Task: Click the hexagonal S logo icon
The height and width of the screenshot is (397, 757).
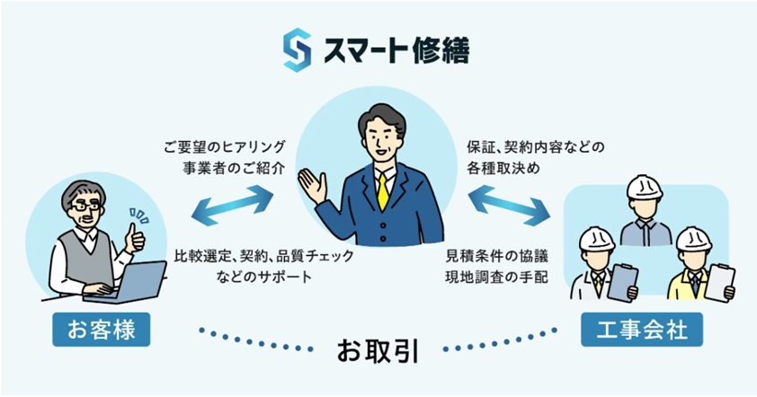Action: [x=297, y=50]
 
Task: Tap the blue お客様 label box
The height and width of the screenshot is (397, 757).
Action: [x=102, y=330]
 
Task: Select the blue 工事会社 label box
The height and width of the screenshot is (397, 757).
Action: [x=642, y=330]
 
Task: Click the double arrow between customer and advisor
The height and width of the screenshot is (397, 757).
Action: [x=232, y=206]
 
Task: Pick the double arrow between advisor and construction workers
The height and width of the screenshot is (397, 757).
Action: [x=510, y=206]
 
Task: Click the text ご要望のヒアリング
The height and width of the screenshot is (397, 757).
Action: [x=225, y=146]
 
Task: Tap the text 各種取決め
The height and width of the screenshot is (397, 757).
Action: [x=503, y=168]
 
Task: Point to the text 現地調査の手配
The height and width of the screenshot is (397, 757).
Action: [x=497, y=278]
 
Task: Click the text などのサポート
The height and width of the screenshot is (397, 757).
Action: [x=264, y=277]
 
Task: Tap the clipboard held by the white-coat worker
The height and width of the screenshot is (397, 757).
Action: [x=623, y=283]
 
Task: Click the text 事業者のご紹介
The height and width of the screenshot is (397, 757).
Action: [x=234, y=168]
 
